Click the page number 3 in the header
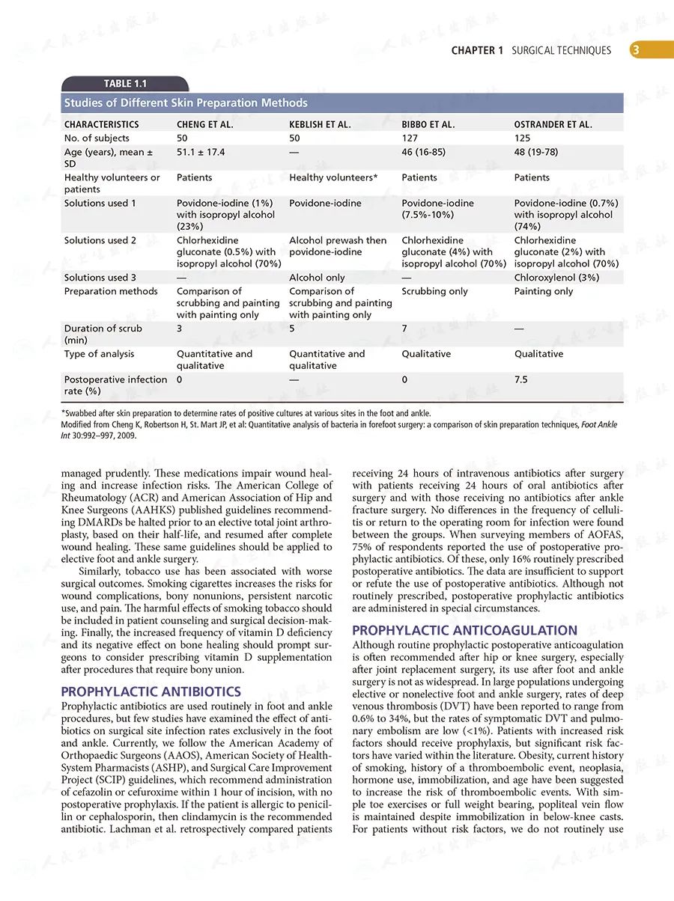(x=635, y=51)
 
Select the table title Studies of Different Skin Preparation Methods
(x=186, y=103)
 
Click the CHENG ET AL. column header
(x=204, y=124)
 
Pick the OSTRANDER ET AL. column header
(x=553, y=124)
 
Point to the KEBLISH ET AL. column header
(x=320, y=124)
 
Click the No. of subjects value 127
(x=410, y=138)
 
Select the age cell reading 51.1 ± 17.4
(x=201, y=152)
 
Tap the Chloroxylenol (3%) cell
(x=556, y=278)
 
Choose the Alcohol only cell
(x=317, y=278)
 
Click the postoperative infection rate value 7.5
(x=521, y=379)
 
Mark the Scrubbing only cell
(x=434, y=291)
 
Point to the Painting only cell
(x=543, y=291)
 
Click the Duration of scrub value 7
(x=405, y=329)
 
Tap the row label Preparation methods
(x=111, y=291)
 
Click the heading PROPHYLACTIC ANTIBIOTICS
(x=151, y=692)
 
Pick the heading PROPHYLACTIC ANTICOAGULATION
(x=464, y=630)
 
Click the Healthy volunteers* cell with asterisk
(x=333, y=177)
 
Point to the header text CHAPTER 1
(x=477, y=51)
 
